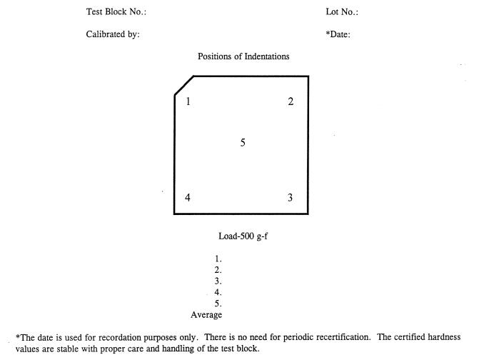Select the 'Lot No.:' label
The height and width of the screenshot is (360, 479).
342,12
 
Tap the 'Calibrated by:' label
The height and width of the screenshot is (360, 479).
113,35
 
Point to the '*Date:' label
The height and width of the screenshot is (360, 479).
338,35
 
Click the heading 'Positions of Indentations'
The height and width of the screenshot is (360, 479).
243,56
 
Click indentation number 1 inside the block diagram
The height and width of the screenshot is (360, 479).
188,101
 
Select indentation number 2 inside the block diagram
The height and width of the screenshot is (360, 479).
291,101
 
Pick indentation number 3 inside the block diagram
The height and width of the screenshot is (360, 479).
290,198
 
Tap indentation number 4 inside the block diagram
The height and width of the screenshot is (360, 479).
188,198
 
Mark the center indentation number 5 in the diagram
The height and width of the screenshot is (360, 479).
243,143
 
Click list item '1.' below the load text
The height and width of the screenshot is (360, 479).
218,259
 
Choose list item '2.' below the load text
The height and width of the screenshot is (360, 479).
218,270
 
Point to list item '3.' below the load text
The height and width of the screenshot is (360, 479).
218,281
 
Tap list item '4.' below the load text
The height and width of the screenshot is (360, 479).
218,292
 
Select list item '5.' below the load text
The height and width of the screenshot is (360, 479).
218,304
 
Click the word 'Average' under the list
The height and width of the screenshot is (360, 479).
206,315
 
